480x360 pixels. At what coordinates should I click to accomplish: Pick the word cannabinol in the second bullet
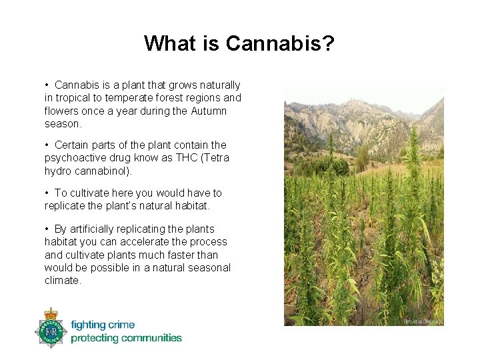pos(103,171)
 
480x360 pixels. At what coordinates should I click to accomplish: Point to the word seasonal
pos(209,268)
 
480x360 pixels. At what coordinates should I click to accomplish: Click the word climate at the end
pos(62,281)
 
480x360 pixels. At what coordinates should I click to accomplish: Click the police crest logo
pos(51,328)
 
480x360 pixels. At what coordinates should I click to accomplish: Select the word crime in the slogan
pos(121,325)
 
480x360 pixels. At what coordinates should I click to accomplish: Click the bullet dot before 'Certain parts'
pos(47,145)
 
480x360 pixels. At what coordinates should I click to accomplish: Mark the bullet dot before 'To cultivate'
pos(47,193)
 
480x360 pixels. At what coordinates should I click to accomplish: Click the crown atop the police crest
pos(51,313)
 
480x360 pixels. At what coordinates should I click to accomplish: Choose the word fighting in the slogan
pos(88,325)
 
